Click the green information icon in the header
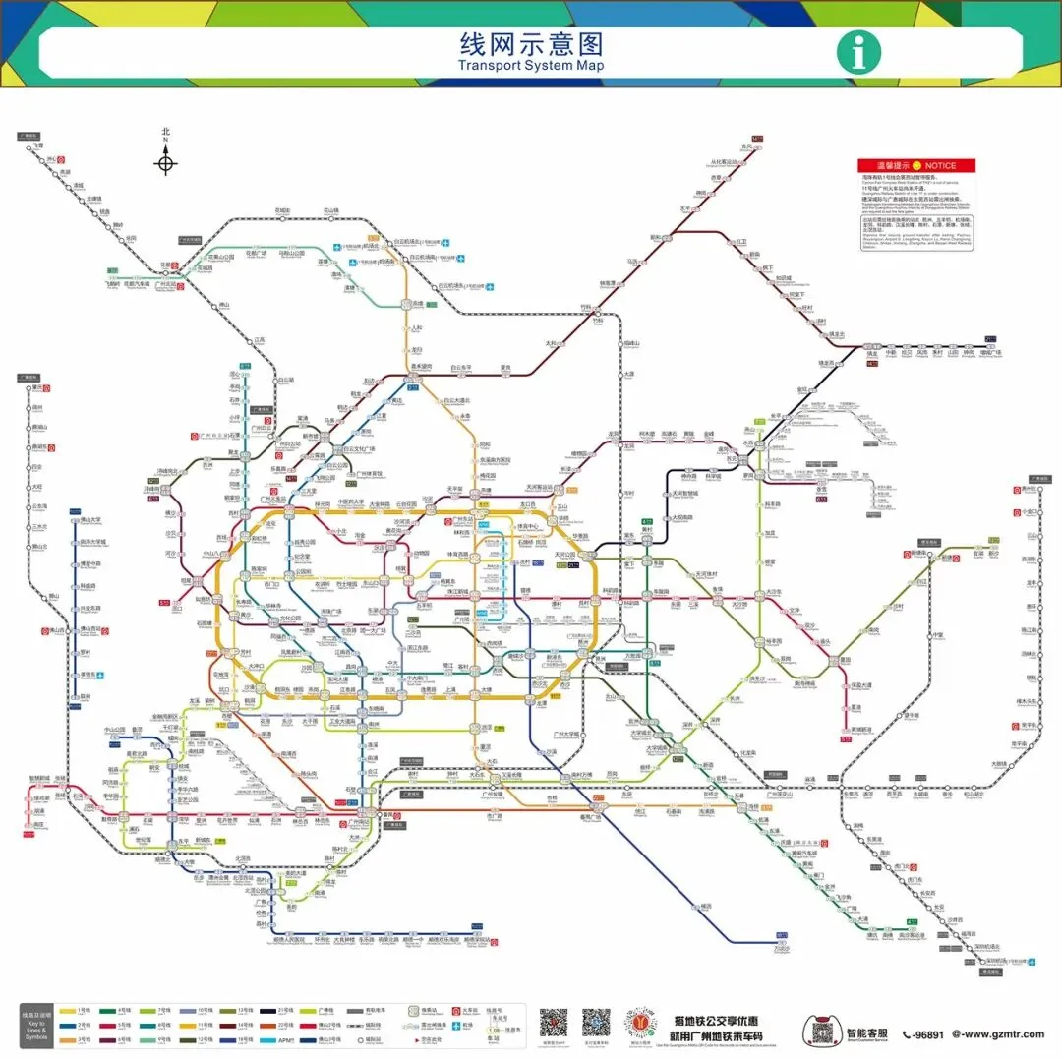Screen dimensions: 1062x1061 click(858, 52)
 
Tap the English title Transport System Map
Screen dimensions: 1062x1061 click(531, 66)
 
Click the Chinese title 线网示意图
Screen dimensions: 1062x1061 click(531, 44)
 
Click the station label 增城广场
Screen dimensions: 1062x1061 click(992, 351)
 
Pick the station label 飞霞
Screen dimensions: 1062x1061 click(38, 145)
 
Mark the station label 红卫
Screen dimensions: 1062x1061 click(742, 241)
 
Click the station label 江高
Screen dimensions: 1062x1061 click(260, 339)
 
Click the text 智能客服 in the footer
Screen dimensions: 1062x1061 click(866, 1033)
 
